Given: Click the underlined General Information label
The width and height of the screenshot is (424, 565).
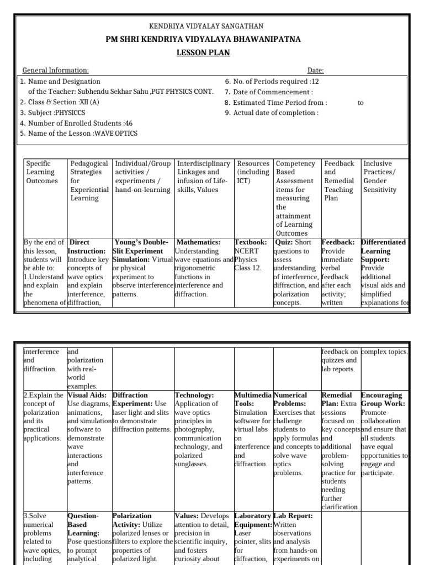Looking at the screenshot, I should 55,71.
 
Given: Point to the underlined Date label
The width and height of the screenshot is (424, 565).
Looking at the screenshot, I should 315,71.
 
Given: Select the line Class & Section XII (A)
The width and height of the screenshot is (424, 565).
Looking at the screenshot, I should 60,102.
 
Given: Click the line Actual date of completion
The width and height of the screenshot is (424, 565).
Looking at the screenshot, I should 272,113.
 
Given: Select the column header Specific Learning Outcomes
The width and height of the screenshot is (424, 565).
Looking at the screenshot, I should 42,172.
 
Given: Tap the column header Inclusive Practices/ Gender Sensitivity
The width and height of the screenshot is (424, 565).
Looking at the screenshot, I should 380,177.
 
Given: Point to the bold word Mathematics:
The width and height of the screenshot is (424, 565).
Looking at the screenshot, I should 198,242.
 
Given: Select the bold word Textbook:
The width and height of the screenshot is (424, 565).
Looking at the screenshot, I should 251,242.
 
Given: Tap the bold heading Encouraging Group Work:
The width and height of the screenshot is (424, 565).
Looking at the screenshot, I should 381,399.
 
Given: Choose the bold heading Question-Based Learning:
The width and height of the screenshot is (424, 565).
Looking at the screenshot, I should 83,524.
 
